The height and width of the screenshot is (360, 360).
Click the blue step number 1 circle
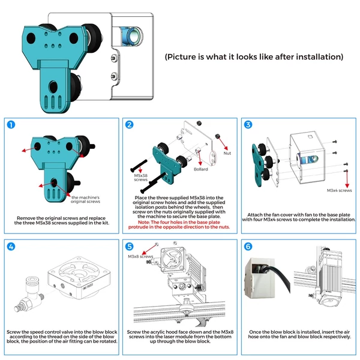coord(11,125)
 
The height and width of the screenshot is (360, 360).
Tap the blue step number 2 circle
coord(130,125)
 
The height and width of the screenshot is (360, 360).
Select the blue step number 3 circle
coord(248,125)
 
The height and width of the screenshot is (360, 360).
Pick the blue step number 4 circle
coord(11,247)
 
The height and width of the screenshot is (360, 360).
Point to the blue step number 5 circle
coord(130,247)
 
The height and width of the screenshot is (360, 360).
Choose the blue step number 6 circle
coord(248,247)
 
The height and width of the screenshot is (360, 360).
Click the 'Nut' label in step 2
coord(227,154)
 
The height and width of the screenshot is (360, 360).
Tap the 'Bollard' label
coord(200,169)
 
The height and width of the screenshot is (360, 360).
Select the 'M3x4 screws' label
coord(339,190)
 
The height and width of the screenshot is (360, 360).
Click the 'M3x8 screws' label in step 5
coord(140,256)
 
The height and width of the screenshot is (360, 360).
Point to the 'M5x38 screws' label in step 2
coord(141,178)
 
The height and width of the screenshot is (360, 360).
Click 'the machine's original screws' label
coord(85,200)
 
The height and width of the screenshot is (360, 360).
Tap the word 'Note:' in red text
coord(144,222)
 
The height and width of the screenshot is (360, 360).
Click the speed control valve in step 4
coord(29,295)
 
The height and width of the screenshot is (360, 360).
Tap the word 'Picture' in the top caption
coord(181,57)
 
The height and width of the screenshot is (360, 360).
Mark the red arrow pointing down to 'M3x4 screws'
coord(347,179)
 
